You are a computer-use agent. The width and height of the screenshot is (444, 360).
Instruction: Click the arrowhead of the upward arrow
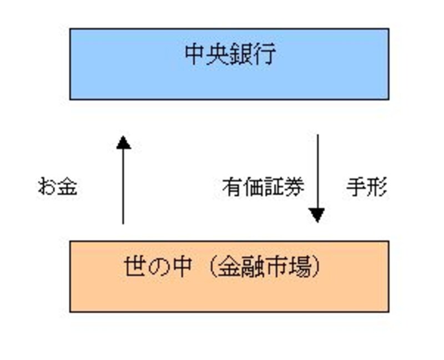[x=123, y=143]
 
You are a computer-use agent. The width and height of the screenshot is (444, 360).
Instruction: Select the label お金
[x=57, y=187]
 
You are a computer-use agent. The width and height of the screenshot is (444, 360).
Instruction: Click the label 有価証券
[x=263, y=187]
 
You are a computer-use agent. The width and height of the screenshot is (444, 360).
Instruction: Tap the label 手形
[x=367, y=187]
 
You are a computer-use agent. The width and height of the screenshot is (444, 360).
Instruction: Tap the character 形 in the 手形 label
[x=377, y=187]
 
